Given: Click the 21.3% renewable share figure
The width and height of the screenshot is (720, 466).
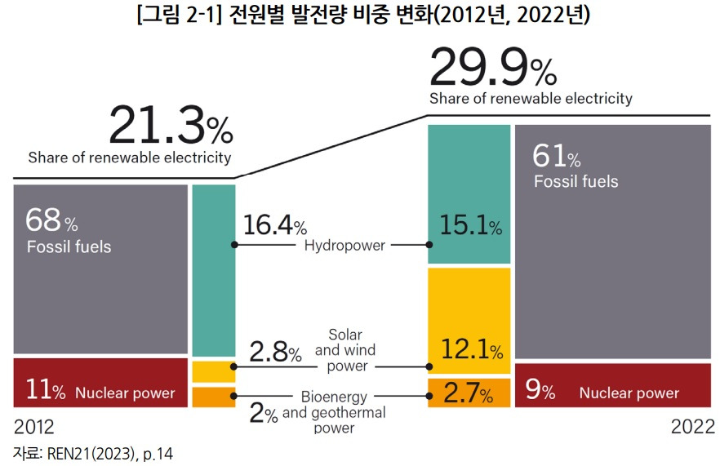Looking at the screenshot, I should coord(170,126).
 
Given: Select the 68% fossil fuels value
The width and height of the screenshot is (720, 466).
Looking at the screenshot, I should coord(51,220).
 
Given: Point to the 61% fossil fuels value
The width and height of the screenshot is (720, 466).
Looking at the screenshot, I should coord(556,154).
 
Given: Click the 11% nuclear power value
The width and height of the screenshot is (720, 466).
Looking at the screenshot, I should coord(46,392).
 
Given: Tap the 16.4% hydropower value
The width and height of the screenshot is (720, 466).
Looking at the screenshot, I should coord(274,226).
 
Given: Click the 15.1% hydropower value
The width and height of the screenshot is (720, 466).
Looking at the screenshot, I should coord(469,224).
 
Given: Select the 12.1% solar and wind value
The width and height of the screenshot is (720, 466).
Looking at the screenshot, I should coord(469,350).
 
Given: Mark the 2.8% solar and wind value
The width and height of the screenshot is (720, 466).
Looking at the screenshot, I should coord(274,353).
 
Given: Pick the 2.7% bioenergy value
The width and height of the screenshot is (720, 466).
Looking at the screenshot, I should coord(468,396).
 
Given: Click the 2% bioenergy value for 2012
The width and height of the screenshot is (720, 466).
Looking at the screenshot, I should coord(263,415).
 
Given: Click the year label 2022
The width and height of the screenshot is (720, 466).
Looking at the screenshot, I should coord(692,427).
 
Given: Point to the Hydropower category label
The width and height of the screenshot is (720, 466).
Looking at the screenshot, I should coord(344,245).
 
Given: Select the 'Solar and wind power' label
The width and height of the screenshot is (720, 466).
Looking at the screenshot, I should coord(347,350).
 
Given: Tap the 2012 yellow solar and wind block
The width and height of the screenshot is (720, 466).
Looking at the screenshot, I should coord(213,371).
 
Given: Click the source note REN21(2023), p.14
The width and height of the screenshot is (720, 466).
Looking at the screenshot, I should coord(93,452).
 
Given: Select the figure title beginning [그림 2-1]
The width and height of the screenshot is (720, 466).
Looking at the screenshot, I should coord(360,16).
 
